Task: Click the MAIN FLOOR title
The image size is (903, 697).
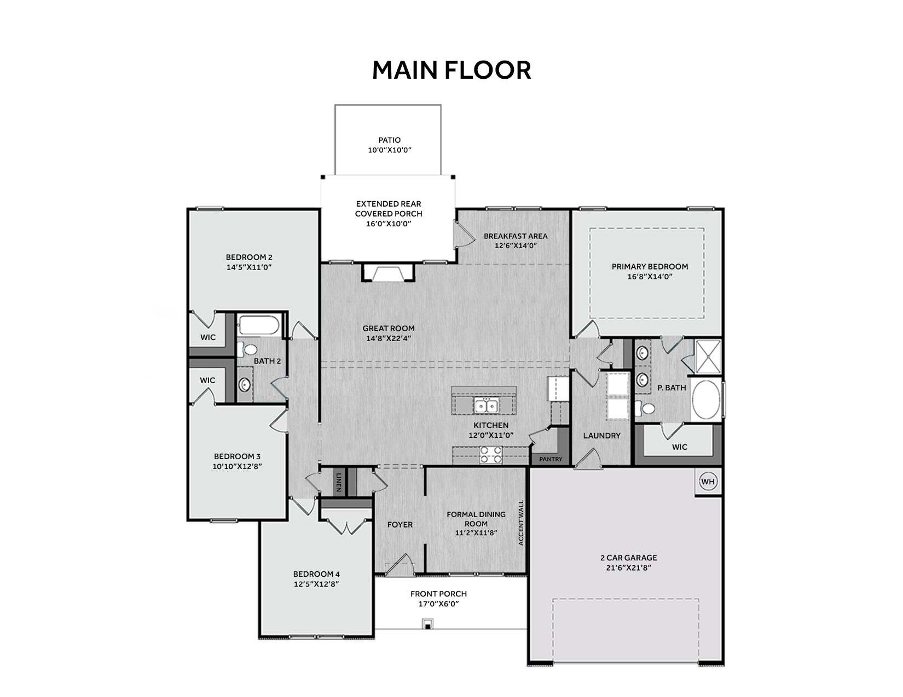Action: pos(451,70)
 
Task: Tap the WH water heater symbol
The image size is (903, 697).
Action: pos(708,482)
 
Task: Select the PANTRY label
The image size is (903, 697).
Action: pos(551,459)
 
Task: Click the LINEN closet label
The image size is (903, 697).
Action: pos(339,482)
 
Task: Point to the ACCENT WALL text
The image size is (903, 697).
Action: pos(521,522)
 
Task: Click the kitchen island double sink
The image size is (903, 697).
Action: pos(486,405)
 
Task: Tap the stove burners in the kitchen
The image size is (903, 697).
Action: pos(491,455)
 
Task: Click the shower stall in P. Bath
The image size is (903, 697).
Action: pos(708,356)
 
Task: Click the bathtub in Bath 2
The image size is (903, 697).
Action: pos(259,325)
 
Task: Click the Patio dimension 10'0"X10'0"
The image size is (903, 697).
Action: pos(389,150)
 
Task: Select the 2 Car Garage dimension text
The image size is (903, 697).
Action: pos(628,567)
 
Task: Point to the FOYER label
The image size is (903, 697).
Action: pos(400,525)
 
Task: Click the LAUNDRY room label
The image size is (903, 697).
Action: pos(601,436)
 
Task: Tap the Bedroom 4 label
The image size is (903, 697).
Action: pos(316,574)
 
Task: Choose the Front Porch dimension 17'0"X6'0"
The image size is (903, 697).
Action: pos(438,604)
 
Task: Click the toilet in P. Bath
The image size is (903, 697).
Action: pos(645,408)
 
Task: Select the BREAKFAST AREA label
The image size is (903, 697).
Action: pos(516,236)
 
